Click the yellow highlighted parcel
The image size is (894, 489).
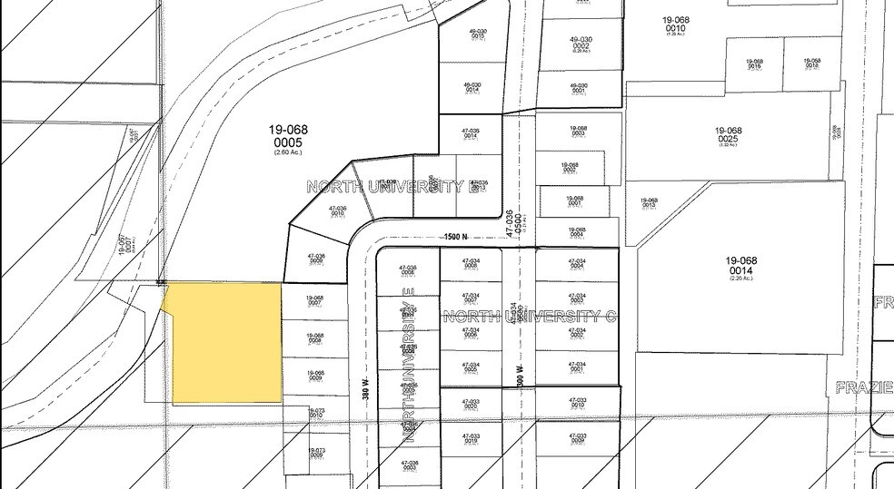pyautogui.click(x=225, y=343)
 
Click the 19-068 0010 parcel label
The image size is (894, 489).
pyautogui.click(x=675, y=27)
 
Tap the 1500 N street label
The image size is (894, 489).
pyautogui.click(x=455, y=238)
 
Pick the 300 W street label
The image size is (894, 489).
pyautogui.click(x=521, y=372)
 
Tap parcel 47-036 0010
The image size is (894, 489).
pyautogui.click(x=337, y=211)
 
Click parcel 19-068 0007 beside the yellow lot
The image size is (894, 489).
pyautogui.click(x=314, y=300)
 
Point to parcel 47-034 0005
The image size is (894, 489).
pyautogui.click(x=471, y=368)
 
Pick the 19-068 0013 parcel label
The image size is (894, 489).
pyautogui.click(x=648, y=203)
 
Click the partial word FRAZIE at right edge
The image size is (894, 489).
pyautogui.click(x=864, y=387)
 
